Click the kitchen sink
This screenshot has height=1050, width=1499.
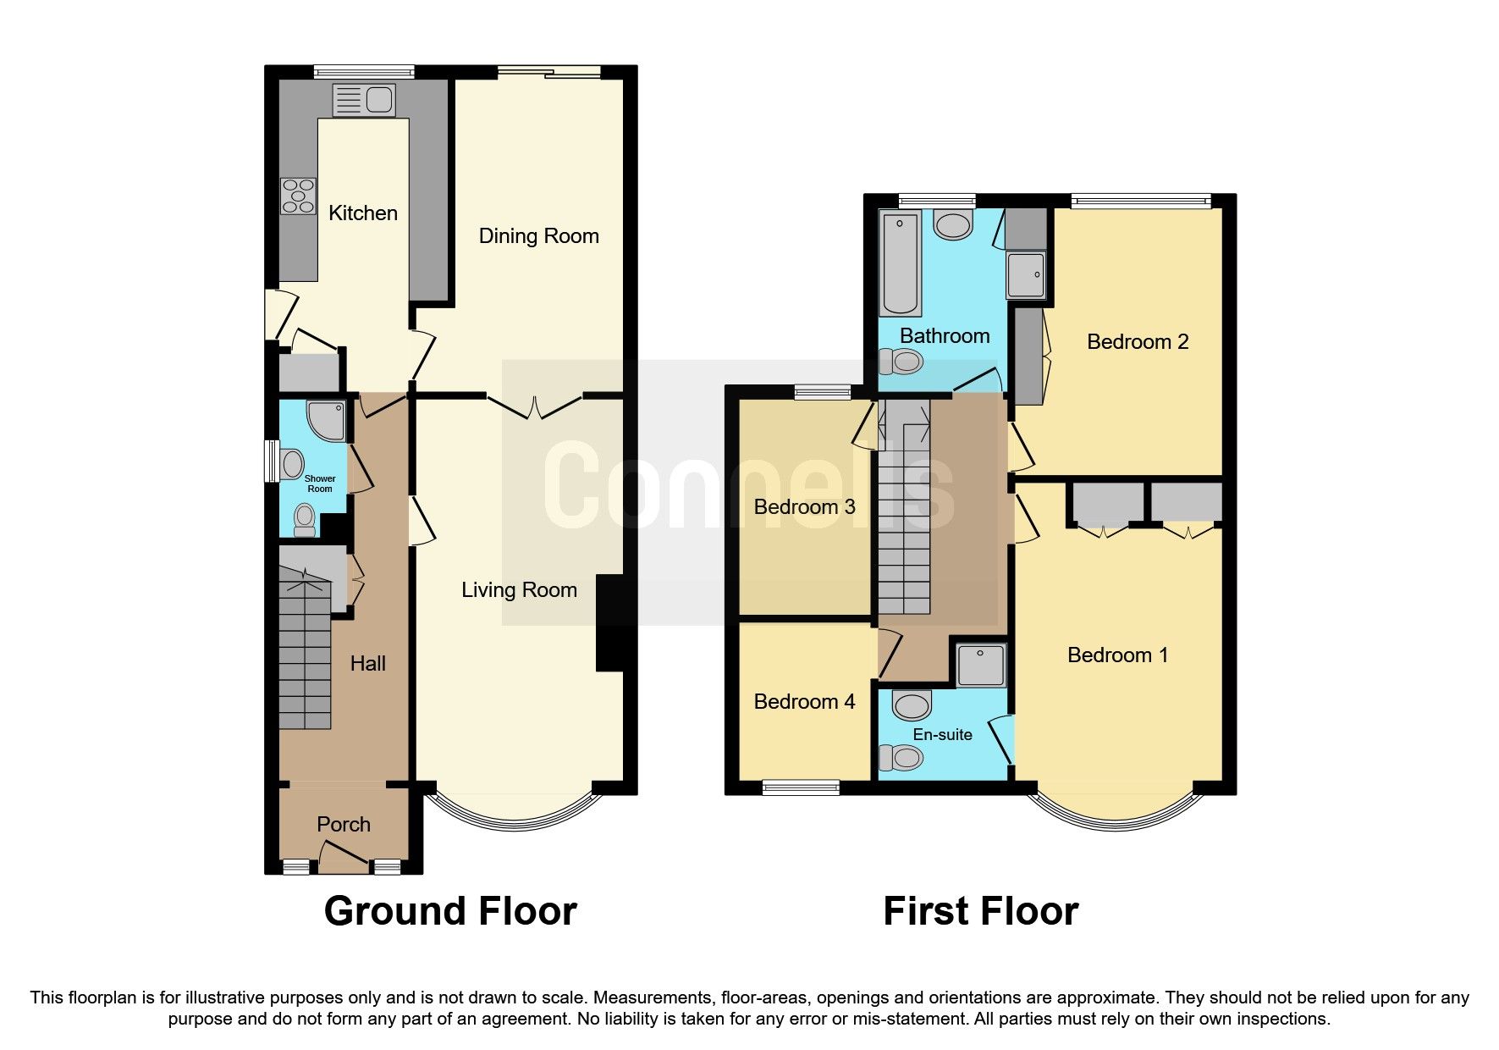(x=363, y=101)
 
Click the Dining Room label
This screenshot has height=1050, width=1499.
(x=538, y=236)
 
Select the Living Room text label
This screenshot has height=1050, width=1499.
(x=519, y=590)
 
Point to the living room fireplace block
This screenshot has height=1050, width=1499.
(x=609, y=623)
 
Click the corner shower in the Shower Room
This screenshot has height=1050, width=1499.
(x=328, y=420)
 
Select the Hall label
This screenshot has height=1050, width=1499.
(x=368, y=664)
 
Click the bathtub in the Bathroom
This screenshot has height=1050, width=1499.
(x=901, y=263)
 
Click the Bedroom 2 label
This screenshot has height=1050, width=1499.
(x=1137, y=342)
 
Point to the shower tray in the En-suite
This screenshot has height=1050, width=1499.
(x=981, y=666)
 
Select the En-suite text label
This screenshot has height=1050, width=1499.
(x=942, y=735)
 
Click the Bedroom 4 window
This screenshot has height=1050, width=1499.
(x=801, y=787)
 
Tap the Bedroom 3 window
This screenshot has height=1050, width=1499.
(x=823, y=391)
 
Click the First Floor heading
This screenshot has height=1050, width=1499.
(x=980, y=912)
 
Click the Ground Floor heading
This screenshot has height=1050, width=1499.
(x=450, y=912)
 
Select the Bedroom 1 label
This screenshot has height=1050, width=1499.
(x=1117, y=655)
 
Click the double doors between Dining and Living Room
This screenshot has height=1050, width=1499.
(x=535, y=407)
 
